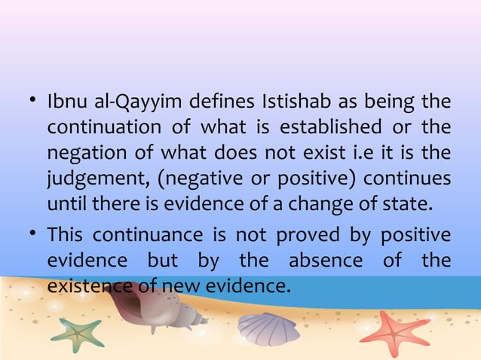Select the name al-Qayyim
point(135,101)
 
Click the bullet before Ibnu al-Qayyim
point(32,100)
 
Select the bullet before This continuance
point(32,234)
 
